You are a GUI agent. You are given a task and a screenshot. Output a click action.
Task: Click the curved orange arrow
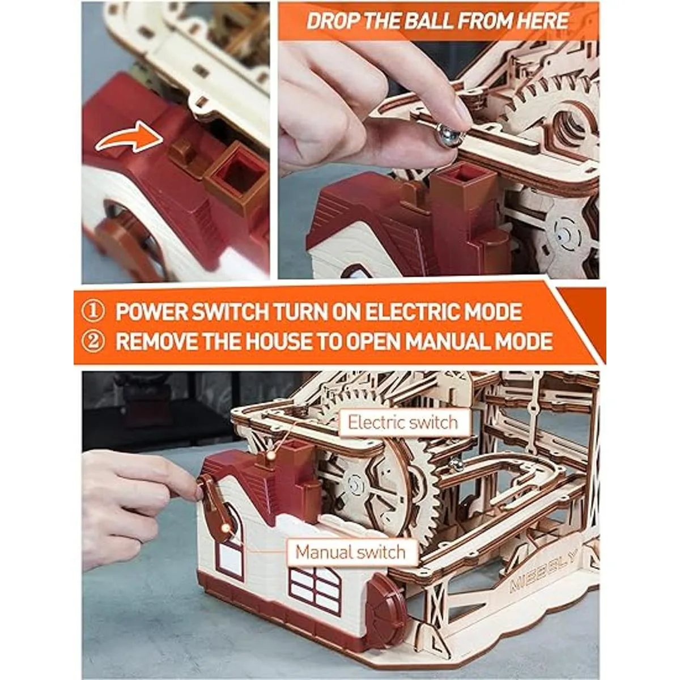point(129,138)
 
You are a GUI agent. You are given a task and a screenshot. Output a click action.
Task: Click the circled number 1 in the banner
point(93,312)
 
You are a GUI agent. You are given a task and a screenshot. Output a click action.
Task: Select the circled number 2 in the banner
point(93,341)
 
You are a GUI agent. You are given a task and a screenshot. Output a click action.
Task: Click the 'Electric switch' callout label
point(403,422)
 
